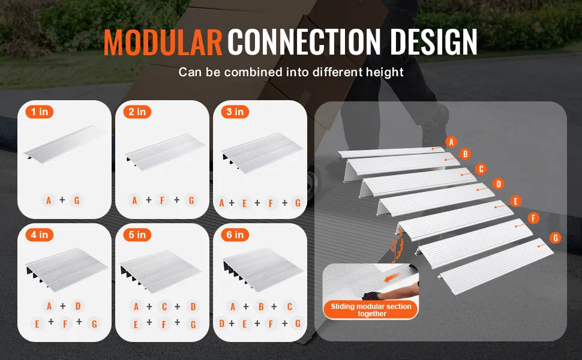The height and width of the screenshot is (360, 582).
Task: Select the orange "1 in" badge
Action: coord(40,112)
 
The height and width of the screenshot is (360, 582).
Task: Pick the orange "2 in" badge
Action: coord(137,112)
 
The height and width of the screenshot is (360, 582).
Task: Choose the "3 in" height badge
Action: coord(235,112)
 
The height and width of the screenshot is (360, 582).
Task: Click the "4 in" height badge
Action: coord(40,235)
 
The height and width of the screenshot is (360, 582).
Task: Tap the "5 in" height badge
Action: coord(137,235)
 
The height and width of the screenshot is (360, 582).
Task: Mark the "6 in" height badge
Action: coord(235,235)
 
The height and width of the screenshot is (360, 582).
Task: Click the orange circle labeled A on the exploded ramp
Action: coord(451,142)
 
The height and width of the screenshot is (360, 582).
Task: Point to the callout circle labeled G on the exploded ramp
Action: coord(555,238)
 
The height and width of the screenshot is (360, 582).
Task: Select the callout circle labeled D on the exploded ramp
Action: coord(499,184)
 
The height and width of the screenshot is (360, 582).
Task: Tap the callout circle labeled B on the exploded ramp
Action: coord(465,154)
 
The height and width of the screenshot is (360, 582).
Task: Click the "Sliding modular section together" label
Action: coord(371,310)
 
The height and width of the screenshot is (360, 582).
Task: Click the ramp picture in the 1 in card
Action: coord(65,143)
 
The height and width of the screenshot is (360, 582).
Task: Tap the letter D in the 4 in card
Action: coord(78,306)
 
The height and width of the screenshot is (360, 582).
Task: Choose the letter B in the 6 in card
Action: coord(262,307)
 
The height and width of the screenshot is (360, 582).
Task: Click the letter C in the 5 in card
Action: coord(164,307)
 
